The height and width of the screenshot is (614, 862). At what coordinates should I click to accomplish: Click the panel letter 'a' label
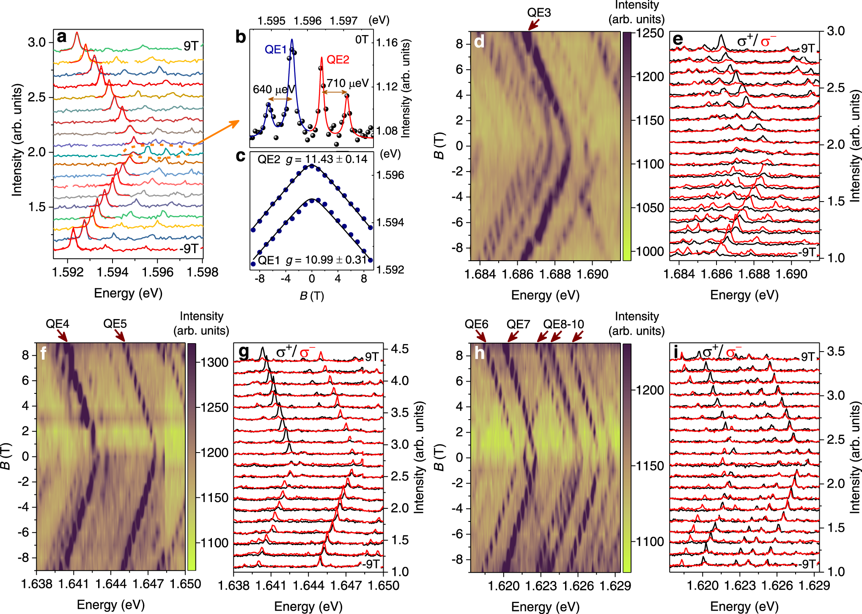(62, 37)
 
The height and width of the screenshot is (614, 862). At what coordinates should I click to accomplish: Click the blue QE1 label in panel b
(276, 50)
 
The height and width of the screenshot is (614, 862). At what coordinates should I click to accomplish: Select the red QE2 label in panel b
(338, 60)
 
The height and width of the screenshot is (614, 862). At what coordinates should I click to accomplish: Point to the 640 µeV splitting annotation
(274, 90)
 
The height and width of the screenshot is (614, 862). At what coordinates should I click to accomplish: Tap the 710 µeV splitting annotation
(348, 83)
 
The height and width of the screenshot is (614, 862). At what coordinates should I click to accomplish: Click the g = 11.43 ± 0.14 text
(326, 159)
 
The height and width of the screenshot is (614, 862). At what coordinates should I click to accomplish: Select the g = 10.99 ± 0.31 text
(326, 260)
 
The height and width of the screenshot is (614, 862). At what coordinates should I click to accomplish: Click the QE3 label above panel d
(539, 13)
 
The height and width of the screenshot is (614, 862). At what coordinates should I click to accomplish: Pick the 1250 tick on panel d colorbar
(650, 33)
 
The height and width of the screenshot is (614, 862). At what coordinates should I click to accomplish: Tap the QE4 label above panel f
(58, 324)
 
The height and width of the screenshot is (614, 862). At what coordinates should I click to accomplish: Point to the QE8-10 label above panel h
(563, 324)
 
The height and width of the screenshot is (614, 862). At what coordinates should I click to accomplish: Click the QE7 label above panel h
(518, 324)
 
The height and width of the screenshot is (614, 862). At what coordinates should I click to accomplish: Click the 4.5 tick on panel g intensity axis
(400, 349)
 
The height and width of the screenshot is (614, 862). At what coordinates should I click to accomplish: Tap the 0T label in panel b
(362, 40)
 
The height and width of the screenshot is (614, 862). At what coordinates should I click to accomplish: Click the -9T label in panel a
(189, 248)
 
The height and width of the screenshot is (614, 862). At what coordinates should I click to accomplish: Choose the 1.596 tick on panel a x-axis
(157, 272)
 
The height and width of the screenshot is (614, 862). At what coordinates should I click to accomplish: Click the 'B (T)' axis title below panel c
(312, 296)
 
